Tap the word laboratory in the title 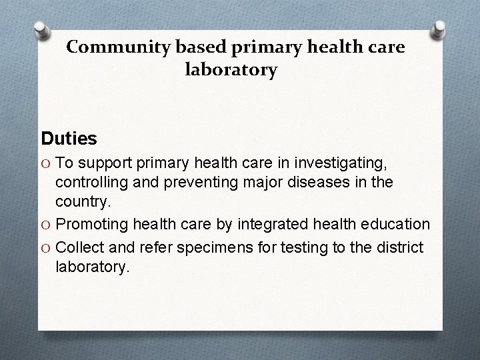233,69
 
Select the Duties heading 69,139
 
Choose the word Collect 79,248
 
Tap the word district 400,248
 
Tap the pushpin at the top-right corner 439,29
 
